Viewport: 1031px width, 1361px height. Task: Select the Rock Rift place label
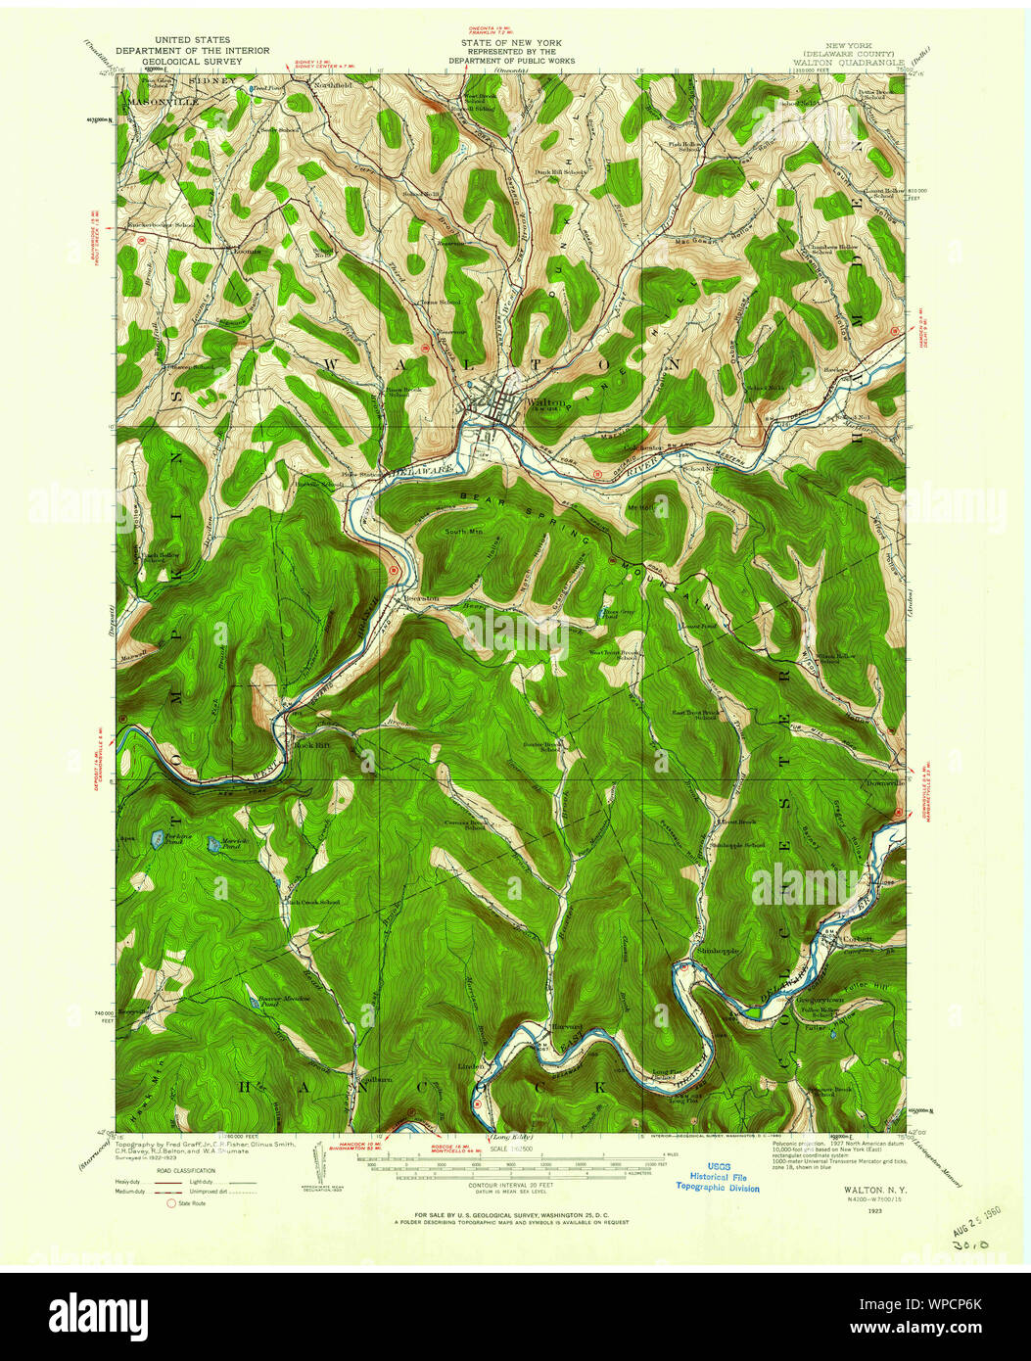(x=308, y=745)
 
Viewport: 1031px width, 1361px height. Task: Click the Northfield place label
(x=305, y=85)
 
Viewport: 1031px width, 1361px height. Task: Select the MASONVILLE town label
(x=163, y=101)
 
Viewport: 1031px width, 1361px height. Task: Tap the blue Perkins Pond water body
(x=155, y=839)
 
